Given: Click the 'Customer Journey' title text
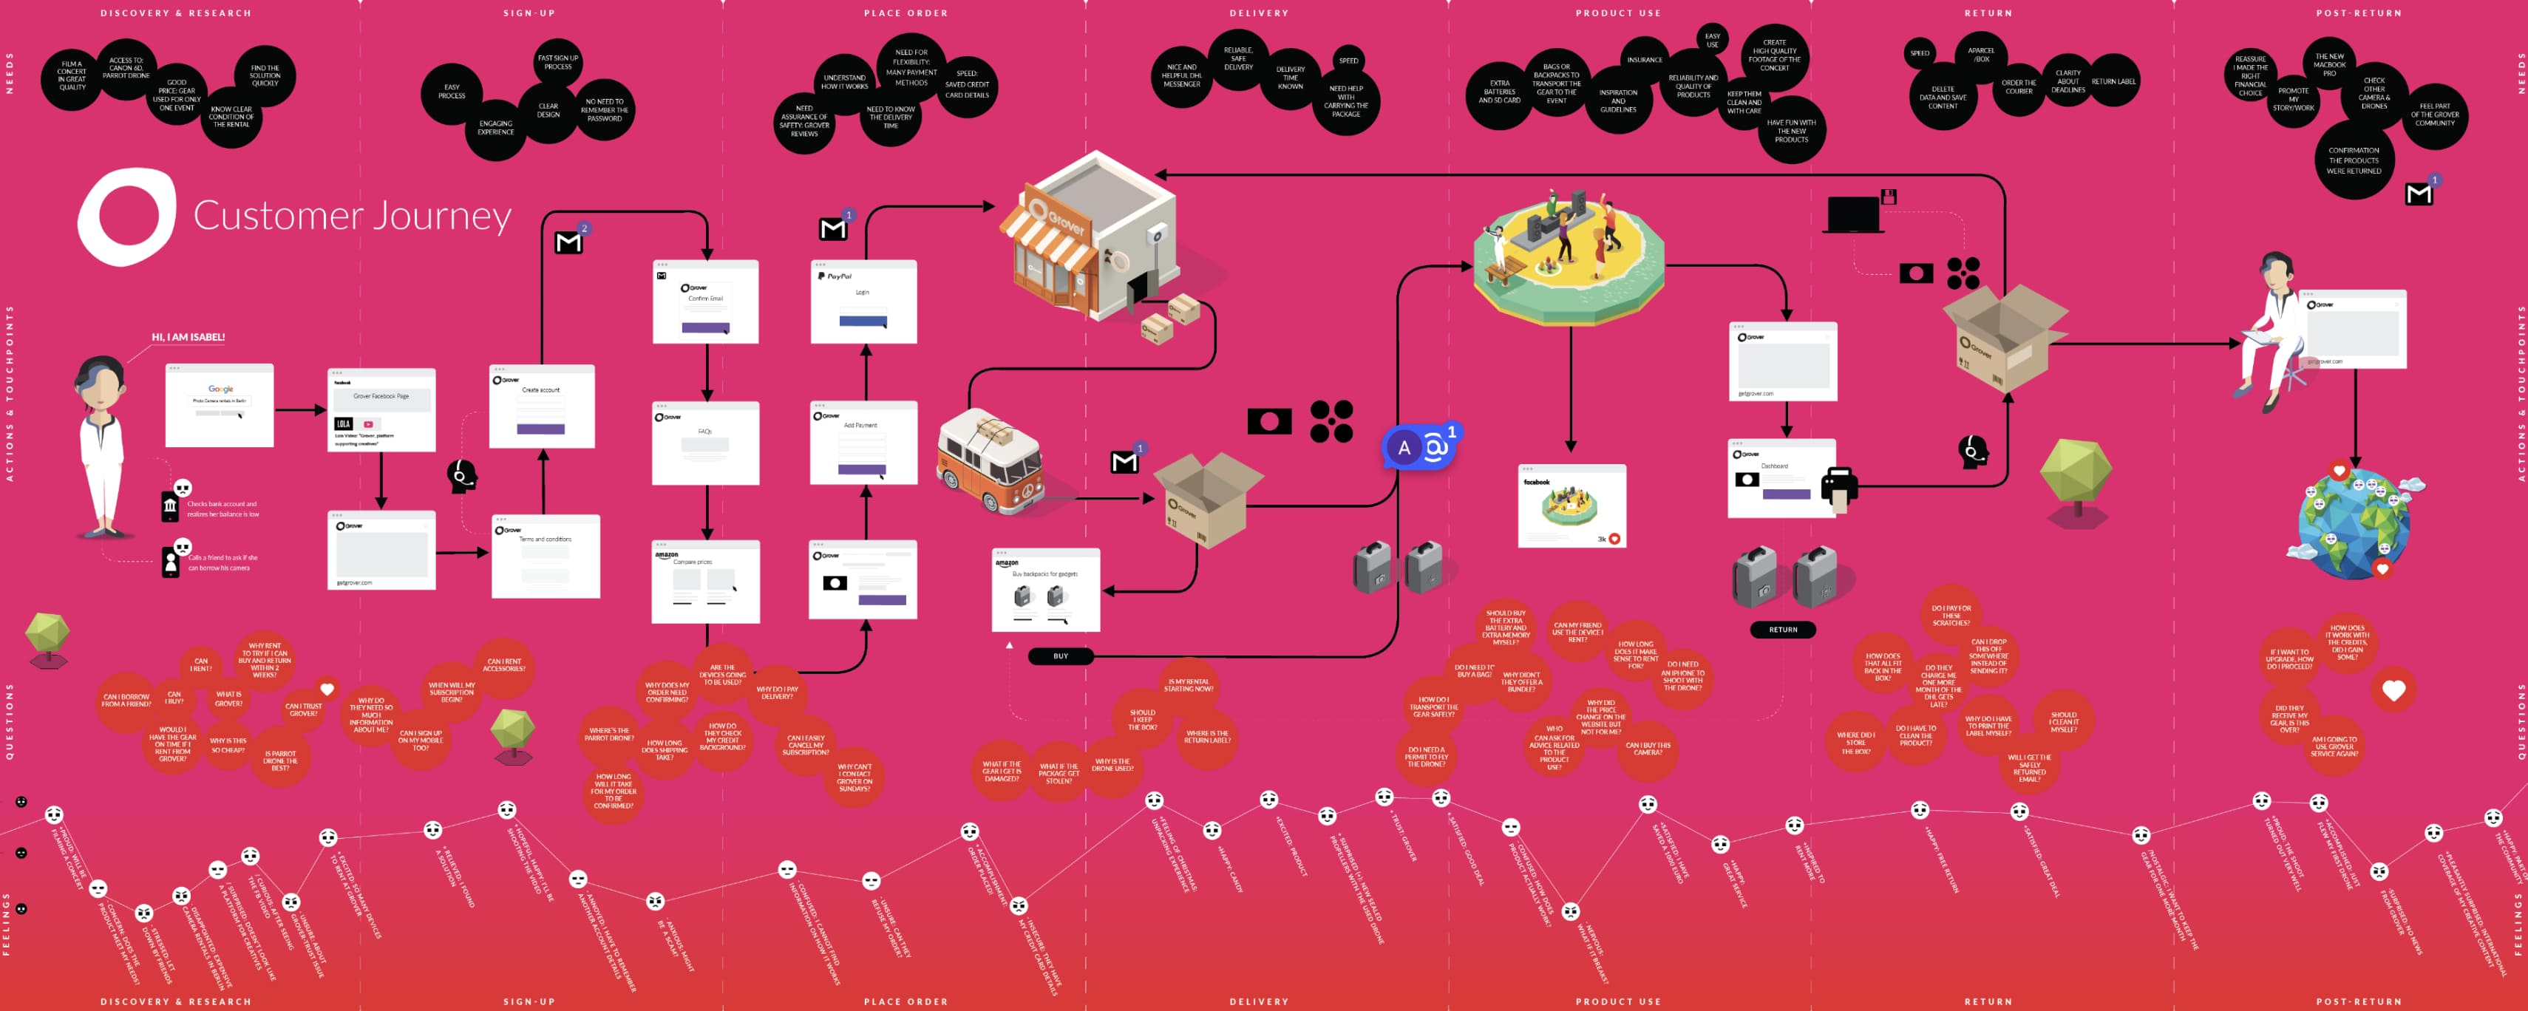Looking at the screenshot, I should pos(351,216).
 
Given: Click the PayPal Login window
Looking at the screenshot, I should pos(863,302).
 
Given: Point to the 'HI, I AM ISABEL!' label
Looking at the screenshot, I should pos(188,338).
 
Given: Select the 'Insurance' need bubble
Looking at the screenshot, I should pos(1645,60).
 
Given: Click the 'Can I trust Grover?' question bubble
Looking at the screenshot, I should pos(303,709).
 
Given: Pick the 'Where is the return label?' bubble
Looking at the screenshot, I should pos(1207,736).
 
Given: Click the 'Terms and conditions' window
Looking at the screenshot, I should pos(546,556).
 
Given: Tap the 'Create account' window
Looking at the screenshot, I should pos(542,406).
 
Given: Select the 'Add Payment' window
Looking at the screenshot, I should pos(863,442).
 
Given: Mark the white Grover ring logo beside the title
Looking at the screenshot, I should pos(126,217).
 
